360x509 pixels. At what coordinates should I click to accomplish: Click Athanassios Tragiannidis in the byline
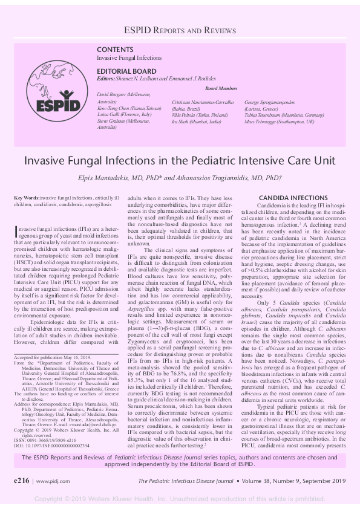(236, 178)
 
